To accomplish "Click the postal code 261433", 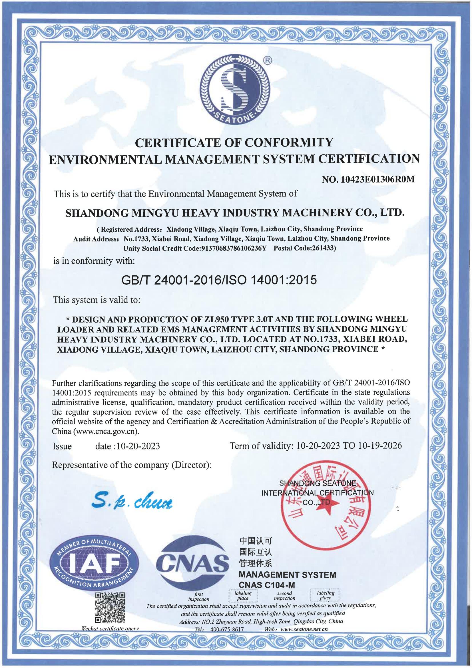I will click(323, 248).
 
